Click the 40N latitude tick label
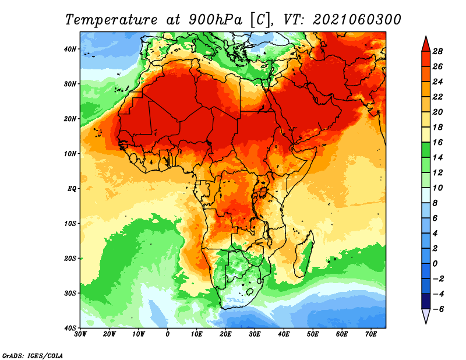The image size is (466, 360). coord(70,49)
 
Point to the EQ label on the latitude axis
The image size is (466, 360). coord(72,189)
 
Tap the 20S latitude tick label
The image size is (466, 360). coord(70,258)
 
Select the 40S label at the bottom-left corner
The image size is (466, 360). coord(70,328)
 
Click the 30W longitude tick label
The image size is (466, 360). coord(80,334)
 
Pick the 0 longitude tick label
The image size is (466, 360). coord(168,334)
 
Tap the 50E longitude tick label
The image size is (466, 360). coord(313,334)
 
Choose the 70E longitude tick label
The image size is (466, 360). coord(371,334)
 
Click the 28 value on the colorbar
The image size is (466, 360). coord(437,51)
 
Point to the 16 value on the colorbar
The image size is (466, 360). coord(437,142)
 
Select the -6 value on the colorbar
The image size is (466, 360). coord(437,309)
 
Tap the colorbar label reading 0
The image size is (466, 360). coord(435,264)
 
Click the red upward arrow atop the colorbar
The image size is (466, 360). coord(426,44)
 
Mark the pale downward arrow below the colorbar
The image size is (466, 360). coord(426,316)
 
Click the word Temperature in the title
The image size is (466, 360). coord(111,20)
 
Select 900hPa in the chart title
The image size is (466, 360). coord(215,20)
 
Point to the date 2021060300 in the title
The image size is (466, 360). coord(357,20)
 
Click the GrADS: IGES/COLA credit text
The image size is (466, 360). coord(33,356)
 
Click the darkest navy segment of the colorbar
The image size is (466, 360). coord(426,301)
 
